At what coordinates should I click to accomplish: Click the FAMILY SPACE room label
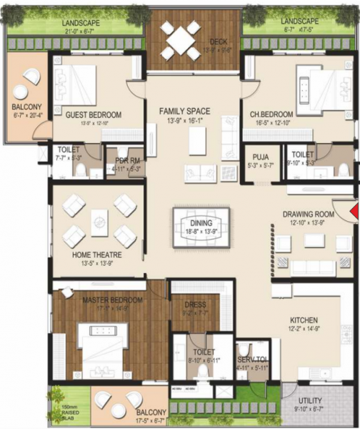(184, 111)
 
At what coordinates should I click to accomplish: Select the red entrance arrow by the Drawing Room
(355, 212)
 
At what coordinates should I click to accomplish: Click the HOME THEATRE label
(96, 255)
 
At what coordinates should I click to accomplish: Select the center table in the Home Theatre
(99, 217)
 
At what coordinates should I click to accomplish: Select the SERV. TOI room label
(252, 360)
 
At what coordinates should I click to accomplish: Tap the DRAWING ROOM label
(309, 214)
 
